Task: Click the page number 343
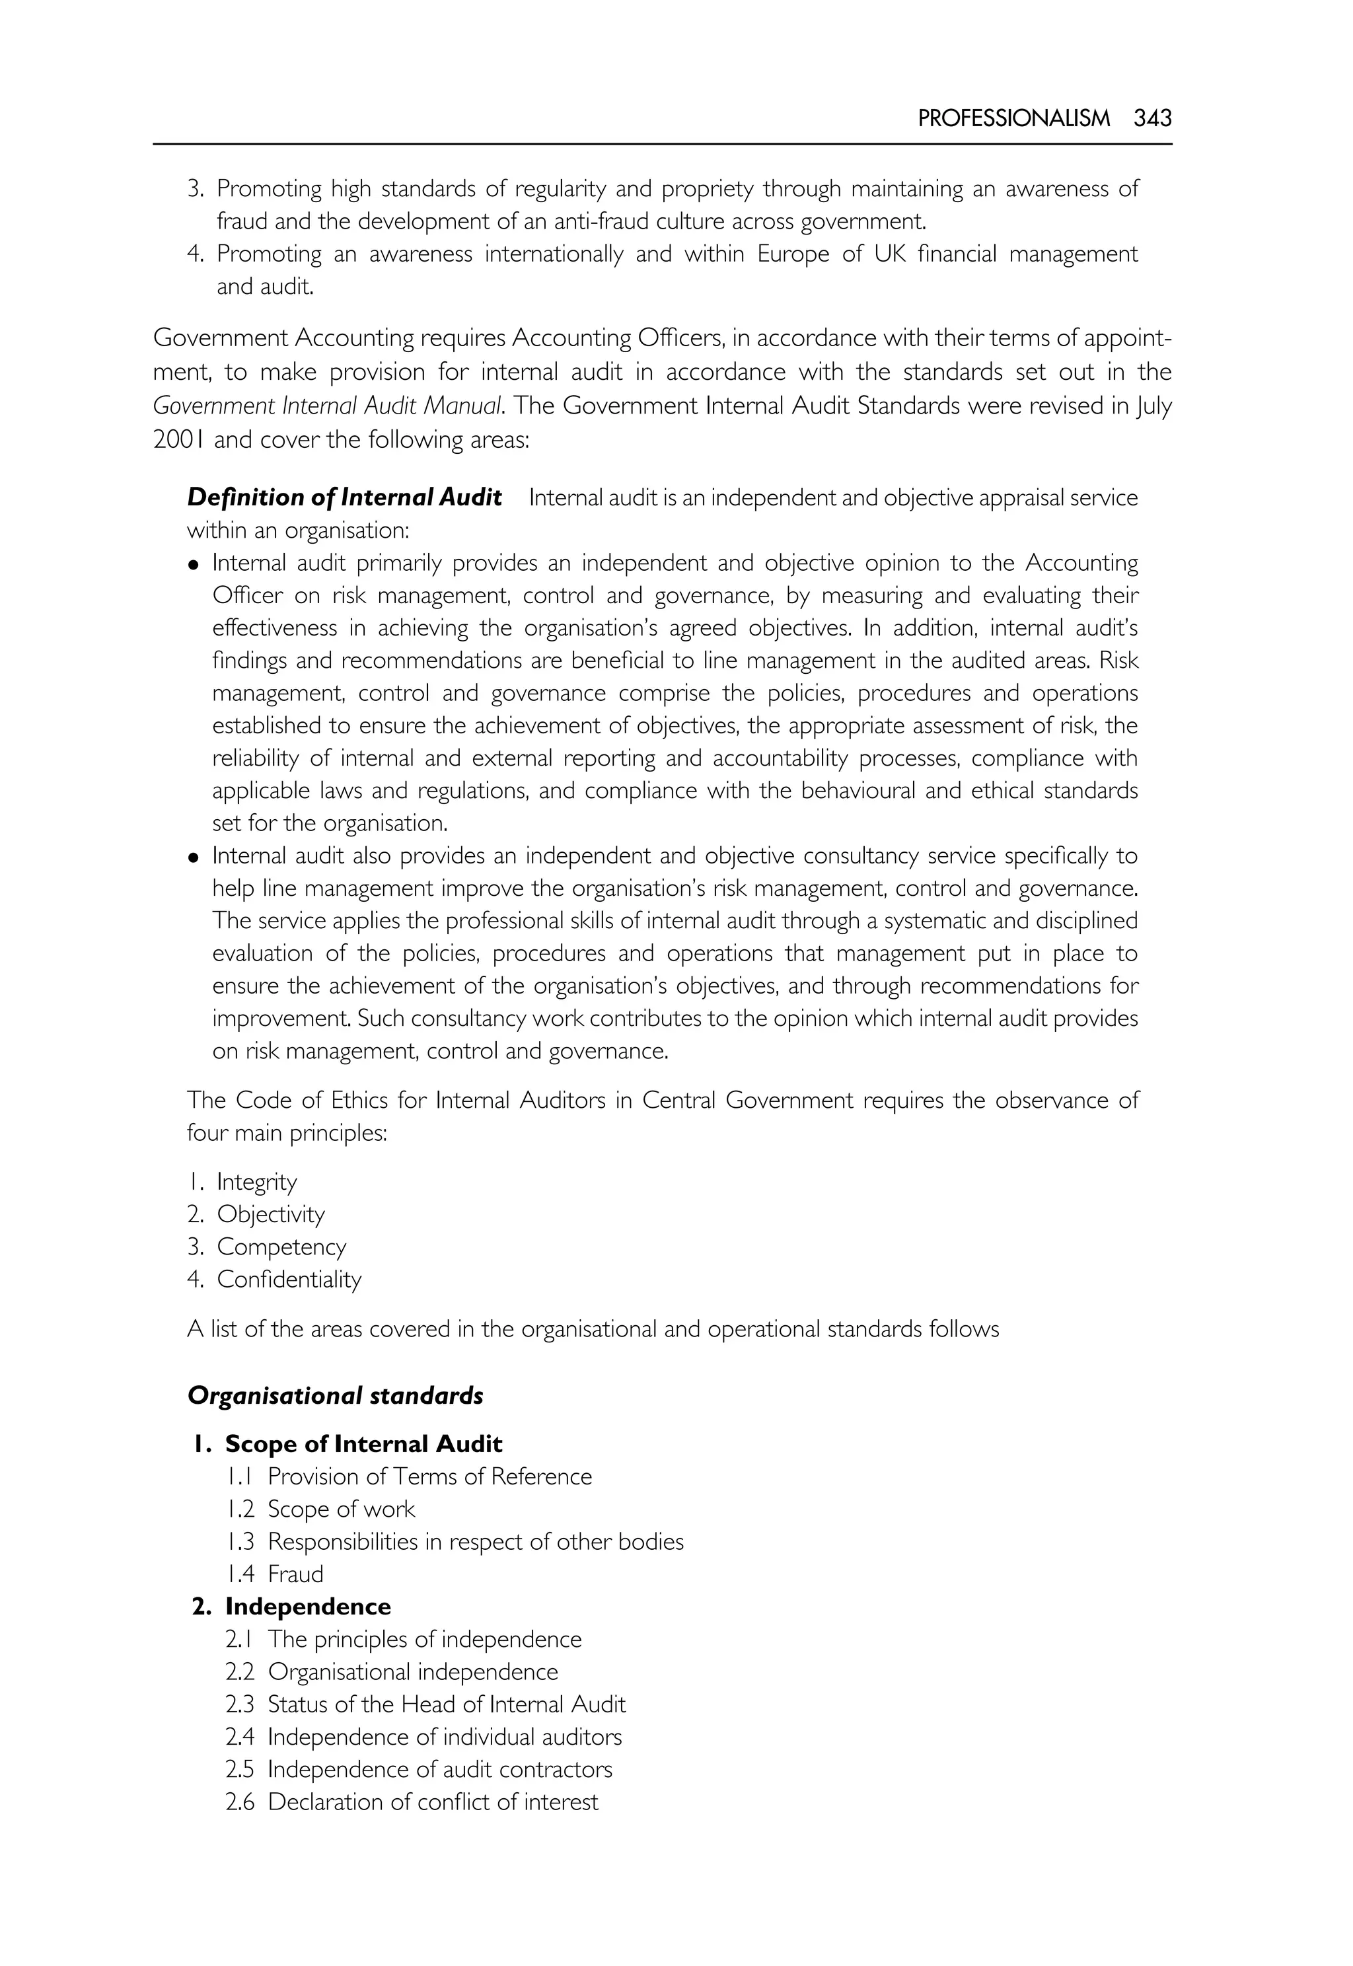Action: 1152,119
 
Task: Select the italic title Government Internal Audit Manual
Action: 327,406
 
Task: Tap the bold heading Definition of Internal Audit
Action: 344,497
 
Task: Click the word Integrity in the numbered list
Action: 257,1182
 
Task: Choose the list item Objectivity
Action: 270,1214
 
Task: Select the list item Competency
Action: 281,1247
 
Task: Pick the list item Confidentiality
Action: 289,1280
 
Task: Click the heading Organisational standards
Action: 336,1395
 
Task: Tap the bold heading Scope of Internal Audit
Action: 363,1443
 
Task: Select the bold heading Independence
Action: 308,1607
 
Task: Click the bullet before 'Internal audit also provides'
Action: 194,858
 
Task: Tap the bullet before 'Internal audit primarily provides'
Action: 194,565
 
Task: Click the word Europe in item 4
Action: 793,254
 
